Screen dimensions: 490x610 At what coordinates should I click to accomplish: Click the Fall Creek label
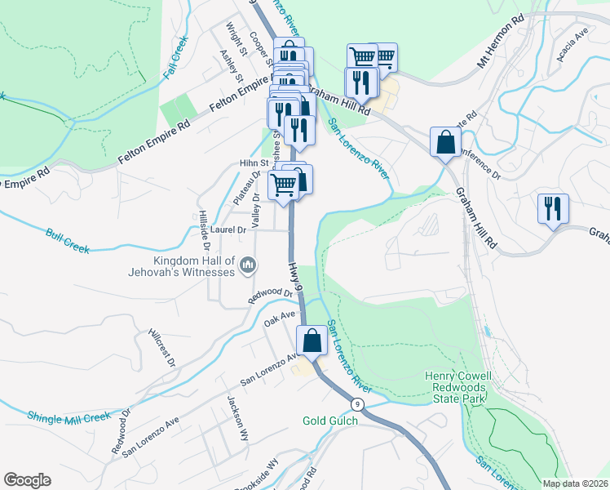[x=175, y=57]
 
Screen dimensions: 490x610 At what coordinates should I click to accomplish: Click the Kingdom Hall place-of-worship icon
[x=250, y=265]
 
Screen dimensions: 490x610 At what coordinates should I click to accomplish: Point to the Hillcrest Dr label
[x=161, y=348]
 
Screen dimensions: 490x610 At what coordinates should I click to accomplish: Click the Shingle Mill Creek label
[x=69, y=417]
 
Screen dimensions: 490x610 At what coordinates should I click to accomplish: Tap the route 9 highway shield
[x=357, y=404]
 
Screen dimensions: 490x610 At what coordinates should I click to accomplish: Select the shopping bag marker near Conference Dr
[x=445, y=142]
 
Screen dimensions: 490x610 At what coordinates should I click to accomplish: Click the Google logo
[x=27, y=480]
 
